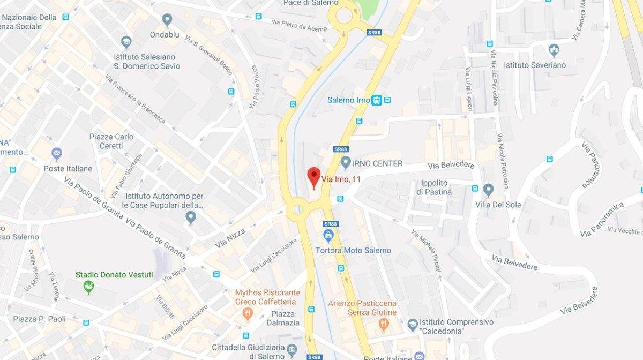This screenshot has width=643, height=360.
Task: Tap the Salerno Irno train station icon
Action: point(377,100)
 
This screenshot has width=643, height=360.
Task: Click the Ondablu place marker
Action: point(167,20)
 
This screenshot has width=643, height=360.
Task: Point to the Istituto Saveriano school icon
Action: point(554,51)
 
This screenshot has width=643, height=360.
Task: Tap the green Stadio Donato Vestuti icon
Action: point(89,288)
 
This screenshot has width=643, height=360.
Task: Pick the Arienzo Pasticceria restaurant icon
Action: point(384,324)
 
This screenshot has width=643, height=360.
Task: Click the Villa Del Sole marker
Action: point(488,190)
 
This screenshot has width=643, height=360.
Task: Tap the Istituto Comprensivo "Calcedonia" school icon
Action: point(412,324)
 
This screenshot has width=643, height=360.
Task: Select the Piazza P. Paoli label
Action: point(40,319)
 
